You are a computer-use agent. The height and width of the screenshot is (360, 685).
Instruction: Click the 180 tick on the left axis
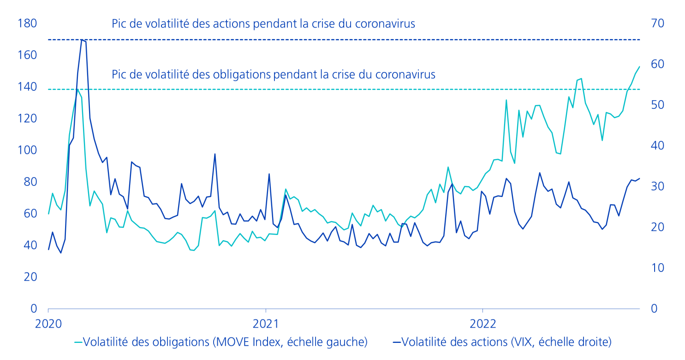(x=27, y=24)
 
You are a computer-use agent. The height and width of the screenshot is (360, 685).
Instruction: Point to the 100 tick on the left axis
(x=27, y=150)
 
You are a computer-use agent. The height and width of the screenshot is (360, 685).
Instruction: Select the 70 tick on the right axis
(x=657, y=24)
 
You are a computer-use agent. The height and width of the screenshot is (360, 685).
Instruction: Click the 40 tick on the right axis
(x=657, y=146)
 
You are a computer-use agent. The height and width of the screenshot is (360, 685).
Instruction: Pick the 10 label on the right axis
(x=657, y=268)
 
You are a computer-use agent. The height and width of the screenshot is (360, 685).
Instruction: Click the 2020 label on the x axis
(x=48, y=324)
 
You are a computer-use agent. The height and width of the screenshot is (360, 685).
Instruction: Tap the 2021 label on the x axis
(x=265, y=324)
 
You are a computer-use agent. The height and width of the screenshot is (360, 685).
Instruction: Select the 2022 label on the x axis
(x=482, y=324)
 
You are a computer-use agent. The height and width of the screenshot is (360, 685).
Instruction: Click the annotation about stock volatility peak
(x=263, y=24)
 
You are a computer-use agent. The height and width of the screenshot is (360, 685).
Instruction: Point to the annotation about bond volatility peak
(x=273, y=74)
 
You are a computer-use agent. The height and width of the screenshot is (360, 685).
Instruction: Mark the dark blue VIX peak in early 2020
(x=82, y=40)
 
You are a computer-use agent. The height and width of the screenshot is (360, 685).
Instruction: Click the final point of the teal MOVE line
(x=639, y=67)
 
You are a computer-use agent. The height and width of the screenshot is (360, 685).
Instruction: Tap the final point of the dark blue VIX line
(x=639, y=179)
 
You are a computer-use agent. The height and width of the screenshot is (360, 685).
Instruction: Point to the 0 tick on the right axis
(x=654, y=309)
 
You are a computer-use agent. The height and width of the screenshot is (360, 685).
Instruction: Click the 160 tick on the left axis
(x=27, y=55)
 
